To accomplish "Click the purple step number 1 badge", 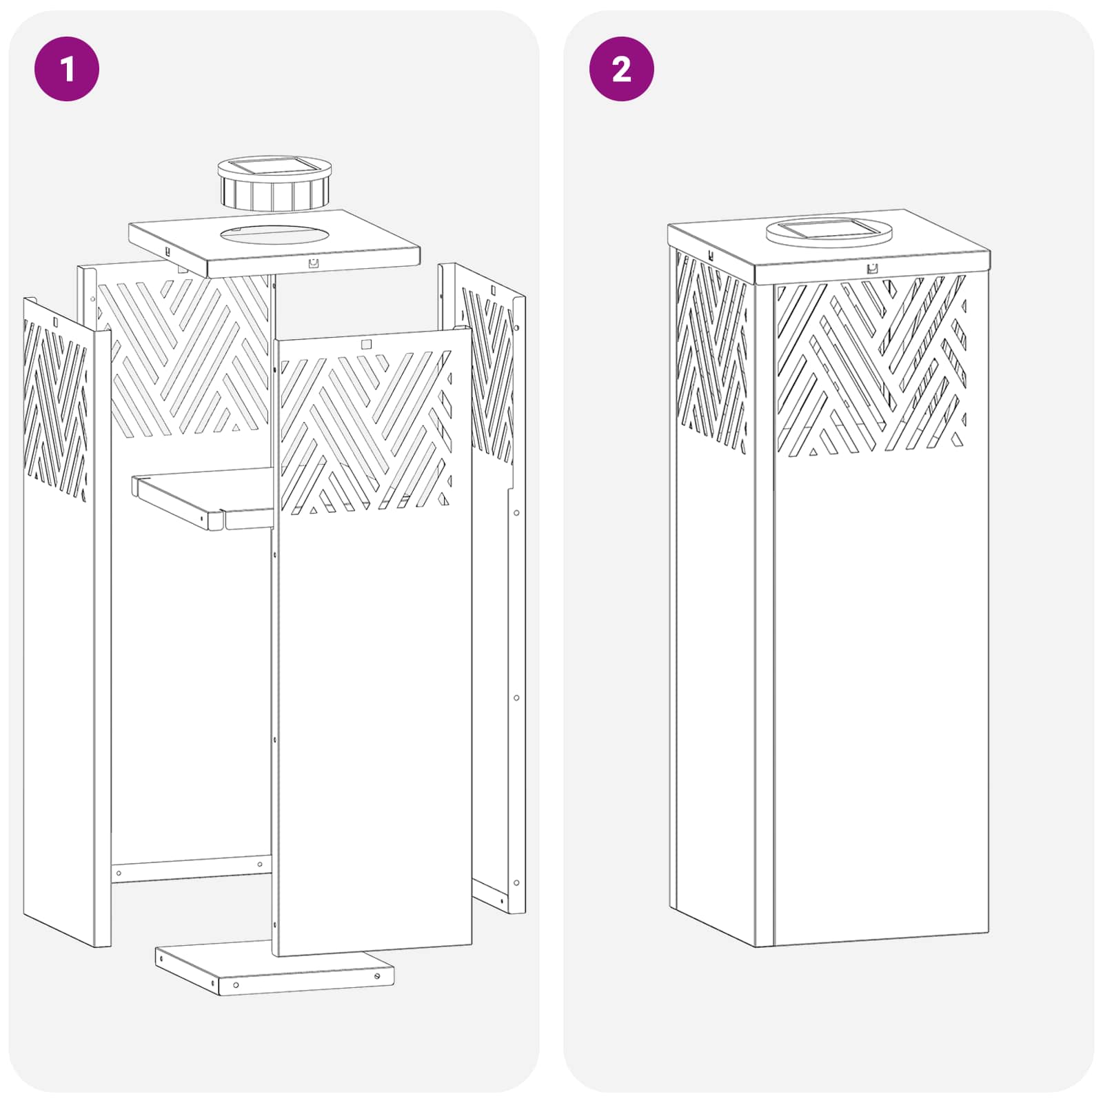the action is pos(67,69).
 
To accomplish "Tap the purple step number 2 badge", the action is pos(622,69).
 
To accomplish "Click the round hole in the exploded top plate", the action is pos(274,234).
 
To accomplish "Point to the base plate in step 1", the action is pos(274,967).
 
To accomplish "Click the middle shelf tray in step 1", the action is pos(204,498).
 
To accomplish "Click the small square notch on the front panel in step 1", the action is pos(366,344).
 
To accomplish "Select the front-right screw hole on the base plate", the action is pos(377,975).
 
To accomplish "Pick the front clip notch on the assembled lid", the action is pos(872,269).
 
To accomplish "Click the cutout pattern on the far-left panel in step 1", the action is pos(55,411).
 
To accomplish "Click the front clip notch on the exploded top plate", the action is pos(314,263).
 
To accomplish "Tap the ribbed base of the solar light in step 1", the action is pos(275,192).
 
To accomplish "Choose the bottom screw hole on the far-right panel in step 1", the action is pos(516,882).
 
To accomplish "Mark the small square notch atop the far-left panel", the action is pos(56,321).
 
